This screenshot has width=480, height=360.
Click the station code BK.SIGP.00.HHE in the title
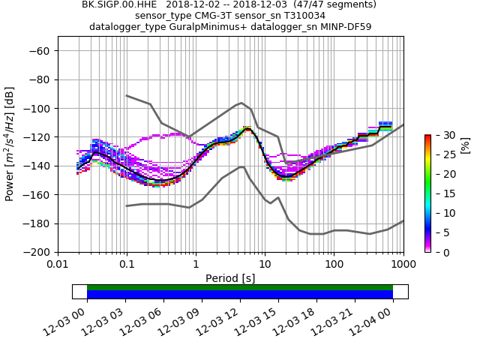[115, 4]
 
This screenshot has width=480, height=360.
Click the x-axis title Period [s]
[230, 278]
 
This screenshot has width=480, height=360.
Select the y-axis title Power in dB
[10, 151]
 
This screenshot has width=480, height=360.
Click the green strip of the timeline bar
[240, 287]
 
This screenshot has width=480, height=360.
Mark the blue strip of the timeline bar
[240, 295]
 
